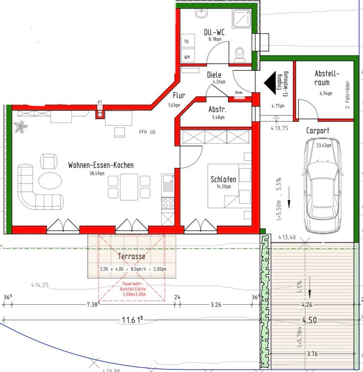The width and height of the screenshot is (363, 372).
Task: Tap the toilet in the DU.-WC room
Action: pos(240,54)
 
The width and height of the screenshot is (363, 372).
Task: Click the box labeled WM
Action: pos(187,57)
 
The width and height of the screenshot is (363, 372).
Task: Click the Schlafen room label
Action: pos(223,179)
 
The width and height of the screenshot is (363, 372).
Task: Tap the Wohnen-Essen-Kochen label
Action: pos(101,165)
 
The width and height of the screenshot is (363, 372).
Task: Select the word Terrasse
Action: pos(132,256)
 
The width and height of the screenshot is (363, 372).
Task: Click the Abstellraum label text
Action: pos(327,77)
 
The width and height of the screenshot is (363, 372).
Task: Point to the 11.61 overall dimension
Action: pos(132,320)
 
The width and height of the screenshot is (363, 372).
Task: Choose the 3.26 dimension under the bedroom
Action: pos(215,305)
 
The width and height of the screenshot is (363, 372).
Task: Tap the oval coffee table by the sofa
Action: pos(50,181)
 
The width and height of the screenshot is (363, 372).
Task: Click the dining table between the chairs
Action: pos(129,187)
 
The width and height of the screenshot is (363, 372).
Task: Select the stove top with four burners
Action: pos(168,203)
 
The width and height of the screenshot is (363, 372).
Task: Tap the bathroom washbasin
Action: pos(202,14)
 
